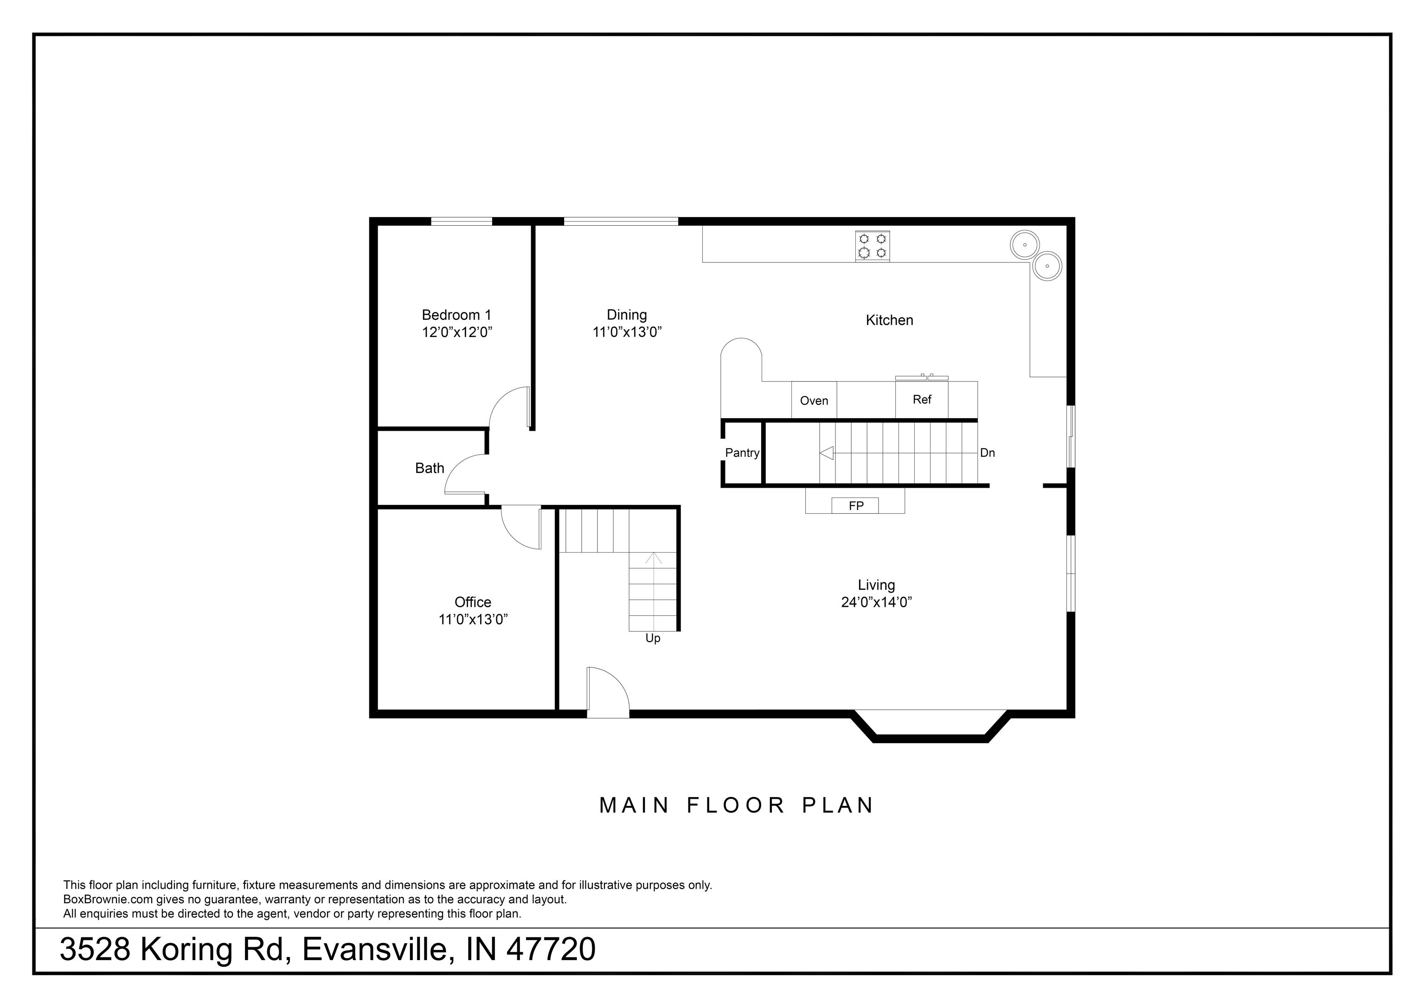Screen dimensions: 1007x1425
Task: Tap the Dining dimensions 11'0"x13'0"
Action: click(x=627, y=332)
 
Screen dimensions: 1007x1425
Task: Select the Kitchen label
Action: click(x=889, y=320)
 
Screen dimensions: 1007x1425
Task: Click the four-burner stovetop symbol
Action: click(x=872, y=246)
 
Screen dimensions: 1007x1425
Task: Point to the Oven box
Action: click(x=814, y=400)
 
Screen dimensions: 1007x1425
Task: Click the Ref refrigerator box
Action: click(x=922, y=400)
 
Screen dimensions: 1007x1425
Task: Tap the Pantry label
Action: click(x=742, y=453)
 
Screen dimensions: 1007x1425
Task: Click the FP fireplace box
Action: click(x=855, y=506)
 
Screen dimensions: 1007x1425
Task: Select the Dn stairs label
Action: click(x=987, y=453)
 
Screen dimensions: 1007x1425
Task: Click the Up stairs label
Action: click(x=652, y=638)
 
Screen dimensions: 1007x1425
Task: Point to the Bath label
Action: click(x=430, y=468)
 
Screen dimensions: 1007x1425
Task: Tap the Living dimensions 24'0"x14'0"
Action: click(x=876, y=602)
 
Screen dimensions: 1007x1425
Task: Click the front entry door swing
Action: click(x=607, y=690)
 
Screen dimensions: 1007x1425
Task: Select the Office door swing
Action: click(x=520, y=528)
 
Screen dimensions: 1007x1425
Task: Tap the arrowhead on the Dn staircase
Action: click(x=826, y=453)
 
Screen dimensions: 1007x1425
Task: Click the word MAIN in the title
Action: click(x=634, y=805)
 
